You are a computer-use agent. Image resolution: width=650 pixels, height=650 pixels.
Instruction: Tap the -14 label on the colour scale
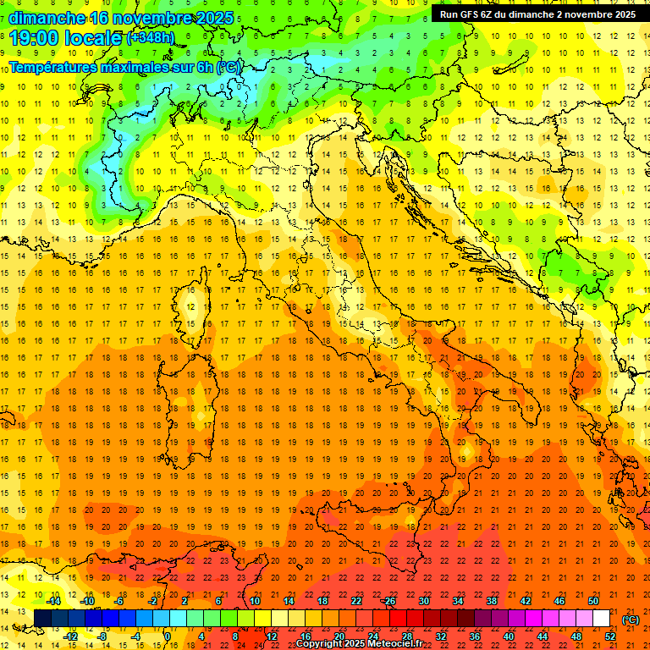[x=54, y=601]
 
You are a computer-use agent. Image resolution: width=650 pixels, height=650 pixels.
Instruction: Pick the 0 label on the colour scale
[x=167, y=636]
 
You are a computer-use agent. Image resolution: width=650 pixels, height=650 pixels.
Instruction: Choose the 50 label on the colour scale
[x=593, y=601]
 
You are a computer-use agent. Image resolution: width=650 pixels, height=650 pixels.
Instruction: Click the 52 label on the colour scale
[x=610, y=636]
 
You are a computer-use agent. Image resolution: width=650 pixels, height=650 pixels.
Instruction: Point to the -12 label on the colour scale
[x=71, y=636]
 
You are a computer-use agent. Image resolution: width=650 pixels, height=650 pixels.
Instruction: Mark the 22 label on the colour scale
[x=356, y=601]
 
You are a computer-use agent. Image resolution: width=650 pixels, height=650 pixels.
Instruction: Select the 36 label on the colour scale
[x=475, y=636]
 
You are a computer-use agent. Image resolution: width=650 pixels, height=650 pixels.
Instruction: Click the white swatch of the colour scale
[x=602, y=619]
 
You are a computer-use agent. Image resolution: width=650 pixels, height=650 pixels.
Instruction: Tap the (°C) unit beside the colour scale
[x=631, y=620]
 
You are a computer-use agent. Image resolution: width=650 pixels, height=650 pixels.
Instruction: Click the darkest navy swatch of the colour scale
[x=42, y=619]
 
